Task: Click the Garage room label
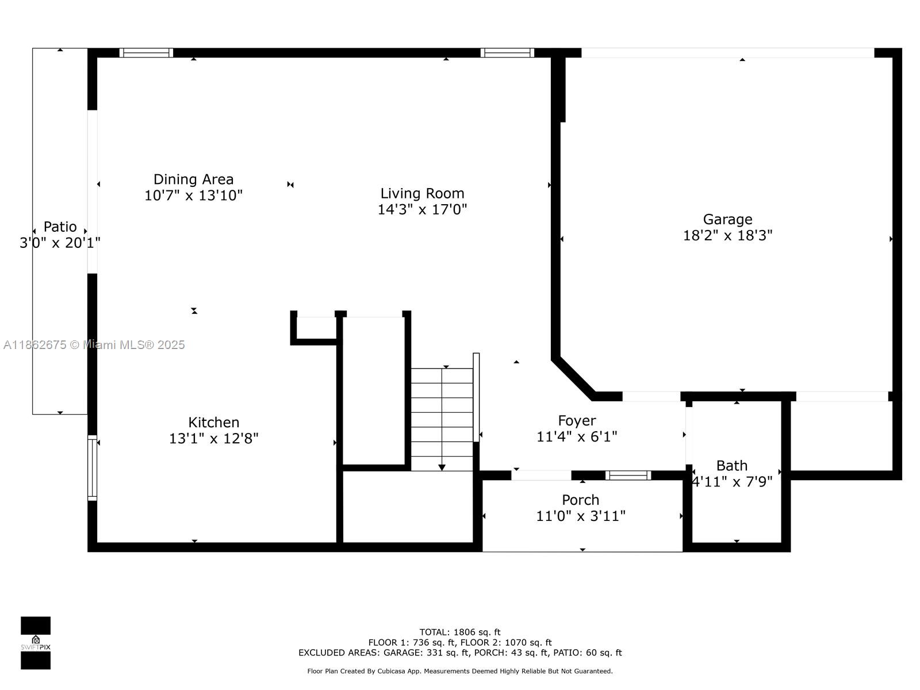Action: click(x=727, y=219)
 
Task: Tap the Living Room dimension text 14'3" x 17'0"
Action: click(x=422, y=209)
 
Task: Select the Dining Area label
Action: click(x=193, y=179)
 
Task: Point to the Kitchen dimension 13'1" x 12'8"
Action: click(x=214, y=438)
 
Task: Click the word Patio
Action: click(x=60, y=227)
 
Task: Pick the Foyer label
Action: click(x=577, y=421)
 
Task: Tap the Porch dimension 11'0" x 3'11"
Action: click(x=581, y=516)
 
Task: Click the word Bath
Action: click(x=732, y=465)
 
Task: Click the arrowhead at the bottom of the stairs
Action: click(x=442, y=467)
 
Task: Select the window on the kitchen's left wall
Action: click(x=92, y=468)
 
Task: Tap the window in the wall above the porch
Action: click(x=628, y=475)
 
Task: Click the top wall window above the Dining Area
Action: click(x=146, y=53)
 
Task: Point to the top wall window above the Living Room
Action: click(x=507, y=53)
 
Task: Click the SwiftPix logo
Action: click(x=36, y=643)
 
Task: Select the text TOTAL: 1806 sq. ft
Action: click(x=460, y=632)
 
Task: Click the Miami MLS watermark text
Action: click(x=94, y=345)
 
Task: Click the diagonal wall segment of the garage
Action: click(x=573, y=378)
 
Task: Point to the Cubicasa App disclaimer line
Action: click(x=460, y=671)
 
